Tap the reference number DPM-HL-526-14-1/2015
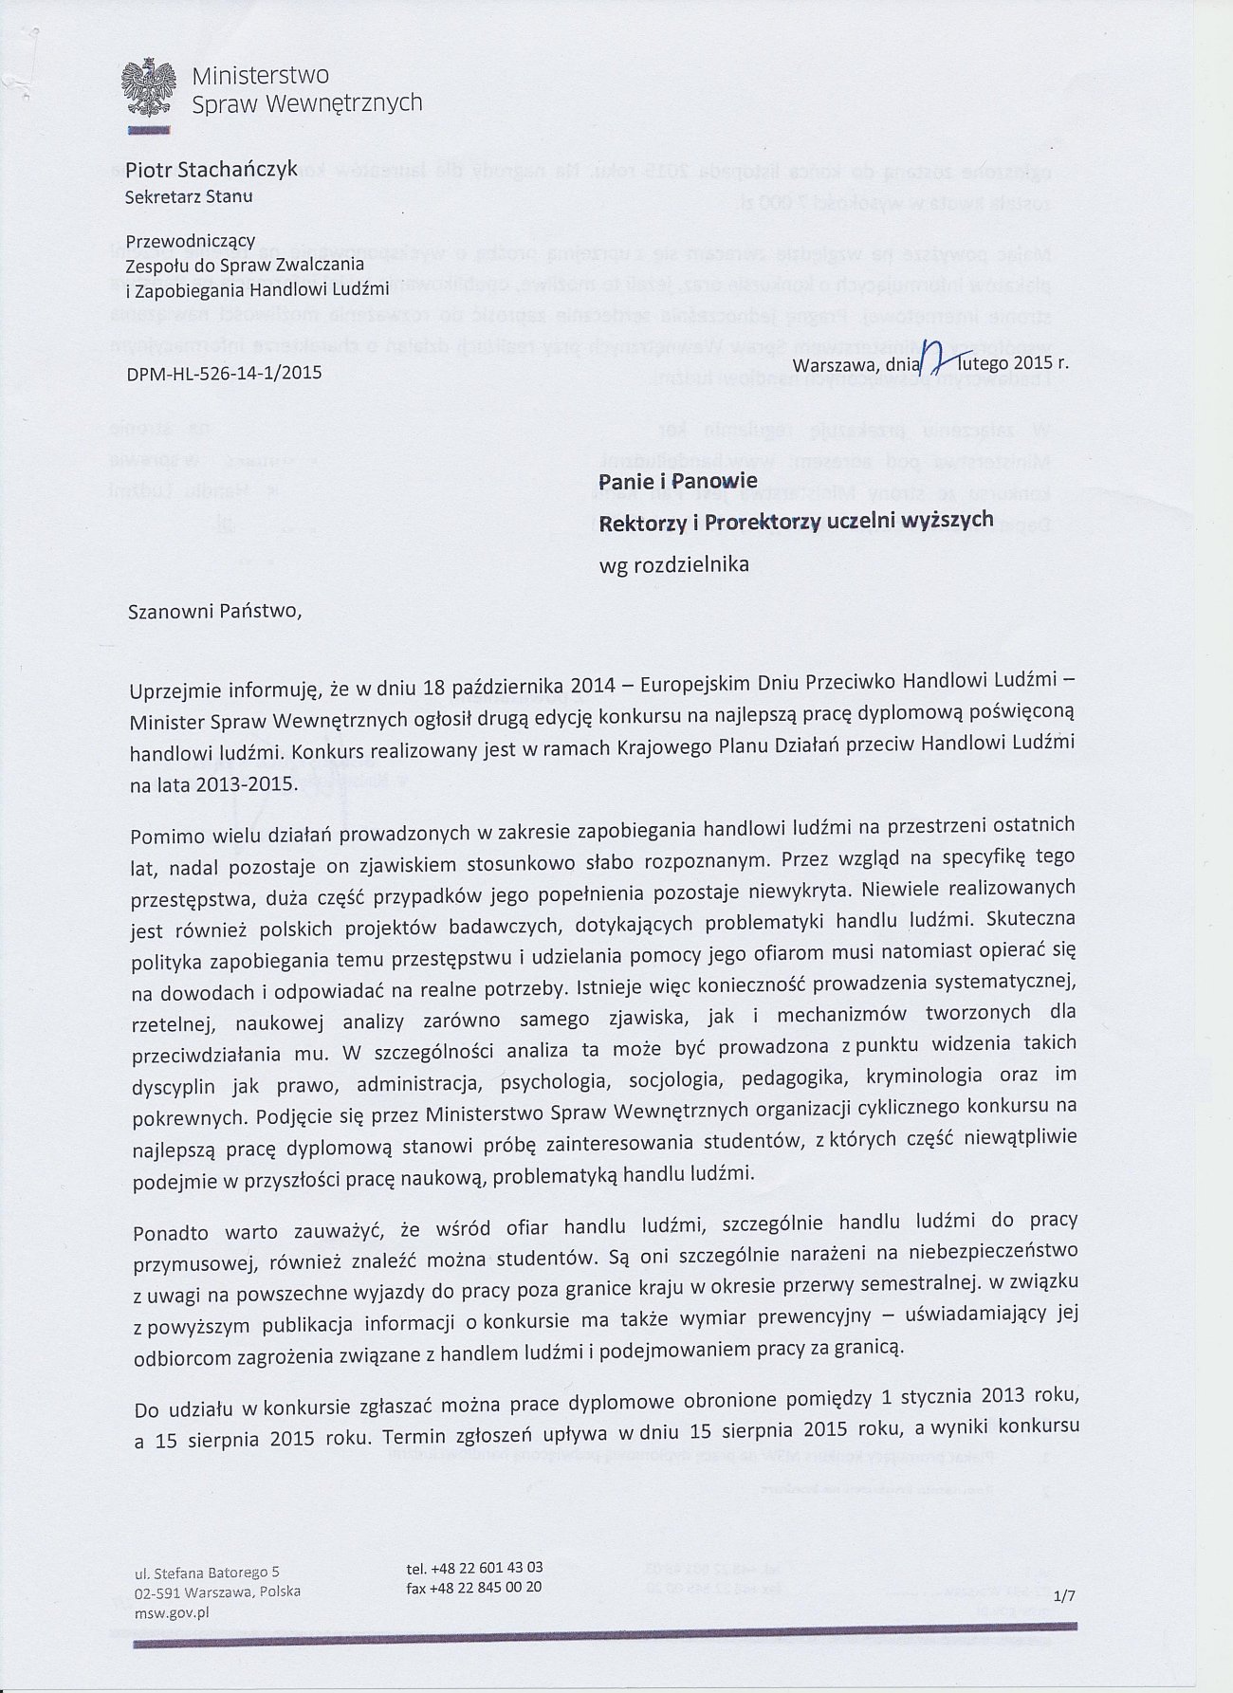click(x=224, y=373)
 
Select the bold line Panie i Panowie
click(x=676, y=482)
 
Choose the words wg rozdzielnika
click(x=673, y=564)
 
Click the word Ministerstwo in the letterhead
click(x=261, y=74)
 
